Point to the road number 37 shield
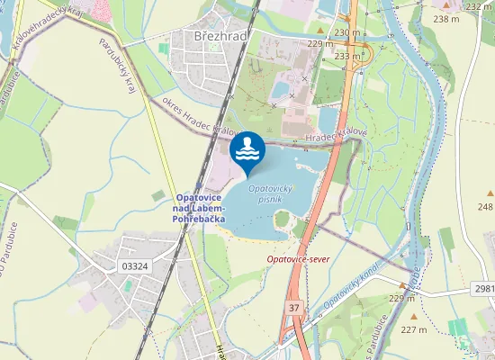[x=294, y=308]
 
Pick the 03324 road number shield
[x=133, y=266]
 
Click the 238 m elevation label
[x=445, y=19]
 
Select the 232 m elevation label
[x=480, y=6]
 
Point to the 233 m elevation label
[x=346, y=56]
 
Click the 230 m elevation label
[x=346, y=32]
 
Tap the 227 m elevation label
[x=414, y=329]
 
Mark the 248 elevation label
[x=486, y=207]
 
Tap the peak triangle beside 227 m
[x=414, y=316]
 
